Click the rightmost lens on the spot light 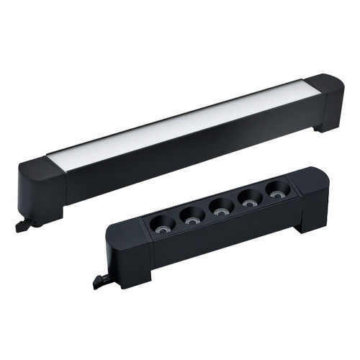click(277, 190)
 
